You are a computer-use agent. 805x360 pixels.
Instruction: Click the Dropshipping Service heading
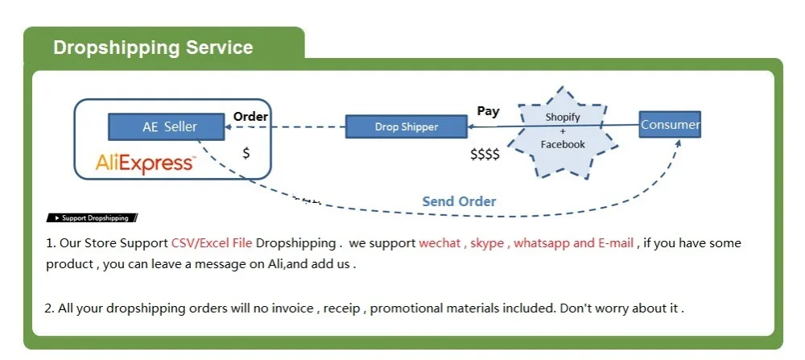[x=153, y=48]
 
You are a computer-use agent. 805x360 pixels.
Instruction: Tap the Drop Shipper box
[x=407, y=126]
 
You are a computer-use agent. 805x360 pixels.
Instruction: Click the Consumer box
[x=670, y=125]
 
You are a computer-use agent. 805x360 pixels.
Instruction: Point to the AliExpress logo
[x=145, y=163]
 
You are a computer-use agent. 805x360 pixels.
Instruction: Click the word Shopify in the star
[x=563, y=117]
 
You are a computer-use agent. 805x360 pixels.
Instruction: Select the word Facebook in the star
[x=563, y=144]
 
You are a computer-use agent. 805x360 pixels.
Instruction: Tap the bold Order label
[x=250, y=117]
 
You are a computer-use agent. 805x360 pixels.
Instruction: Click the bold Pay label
[x=488, y=111]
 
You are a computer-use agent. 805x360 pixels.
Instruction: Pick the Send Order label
[x=459, y=201]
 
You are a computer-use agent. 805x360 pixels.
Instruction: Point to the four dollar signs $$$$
[x=485, y=154]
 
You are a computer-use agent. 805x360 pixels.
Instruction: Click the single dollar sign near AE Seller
[x=246, y=152]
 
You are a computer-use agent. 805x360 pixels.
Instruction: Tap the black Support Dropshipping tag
[x=93, y=217]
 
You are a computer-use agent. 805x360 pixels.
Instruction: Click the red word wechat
[x=439, y=243]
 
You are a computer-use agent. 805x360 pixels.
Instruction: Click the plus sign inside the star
[x=563, y=130]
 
